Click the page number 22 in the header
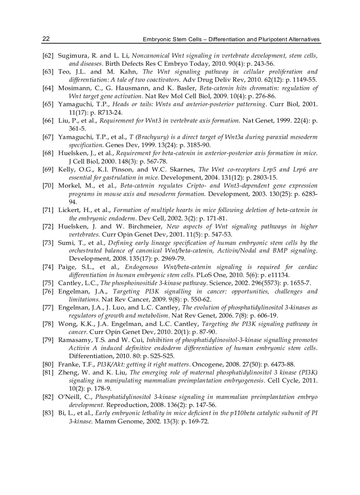coord(45,39)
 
